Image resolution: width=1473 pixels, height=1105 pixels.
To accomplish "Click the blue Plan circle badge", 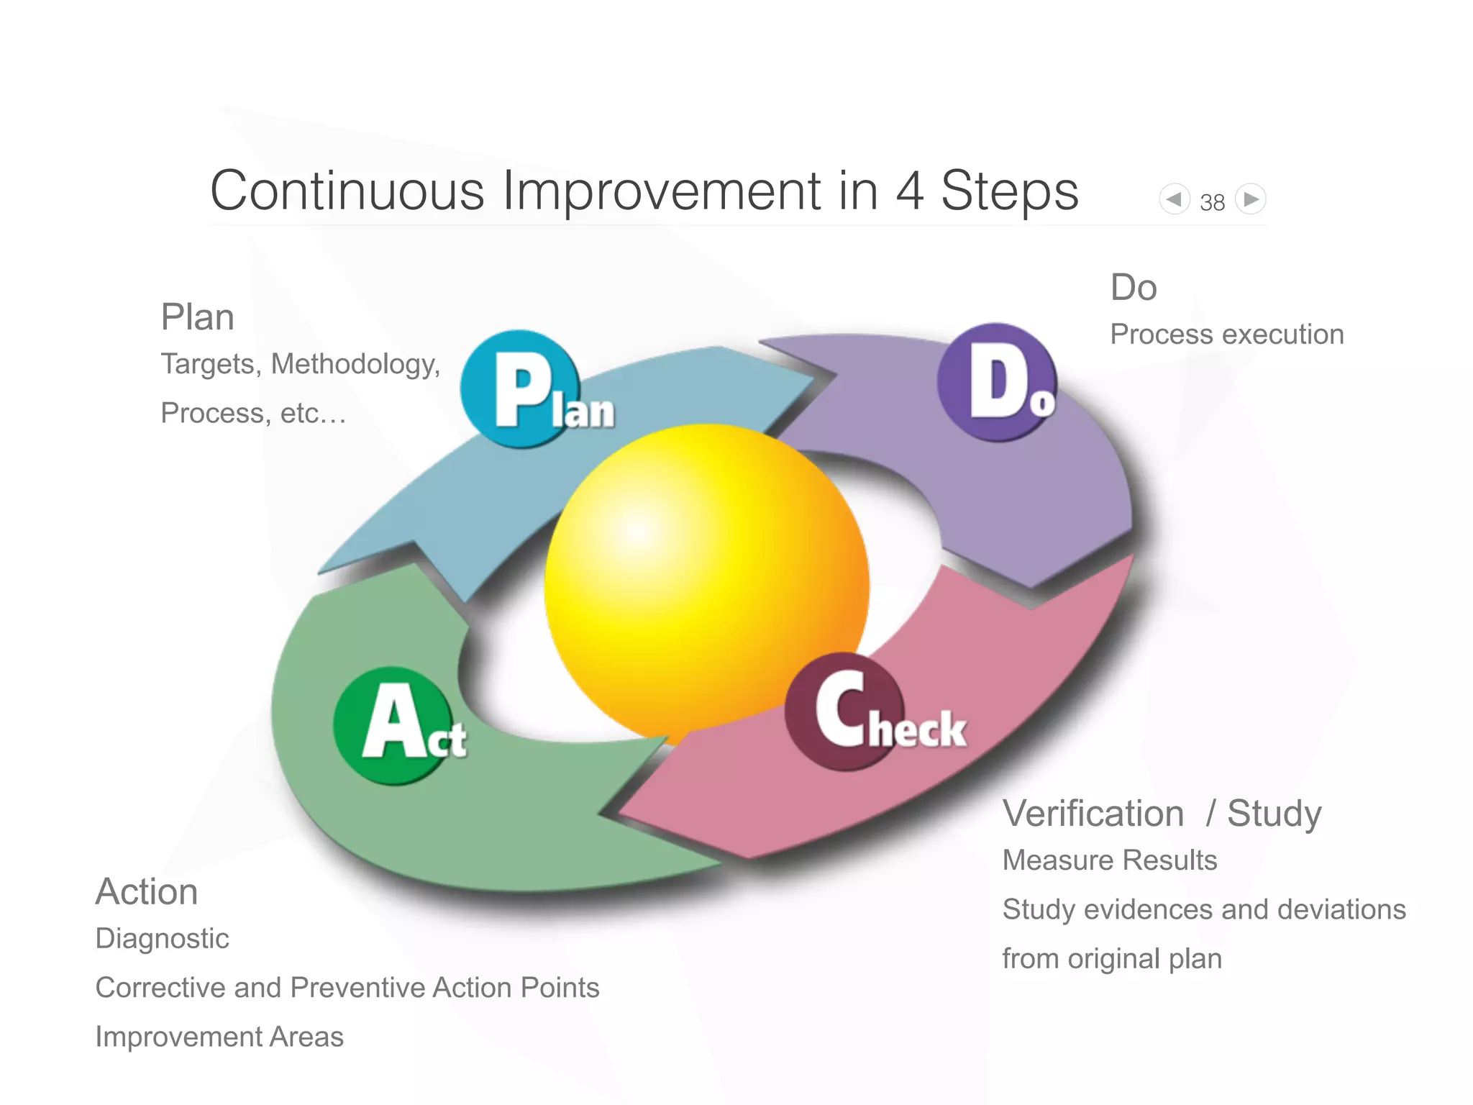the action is (x=520, y=389).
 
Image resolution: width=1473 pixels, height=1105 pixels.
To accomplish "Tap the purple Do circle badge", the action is (x=996, y=382).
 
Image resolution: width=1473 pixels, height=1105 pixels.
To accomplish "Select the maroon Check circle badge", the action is (x=844, y=711).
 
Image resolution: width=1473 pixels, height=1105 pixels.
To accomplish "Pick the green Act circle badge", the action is (x=393, y=725).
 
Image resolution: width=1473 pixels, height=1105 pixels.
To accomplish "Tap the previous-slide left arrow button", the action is (x=1174, y=199).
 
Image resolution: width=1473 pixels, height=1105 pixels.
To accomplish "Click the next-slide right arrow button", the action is (x=1251, y=199).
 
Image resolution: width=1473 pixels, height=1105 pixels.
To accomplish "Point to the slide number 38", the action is (x=1212, y=203).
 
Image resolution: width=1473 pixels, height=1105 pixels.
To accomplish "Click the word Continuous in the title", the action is (x=347, y=191).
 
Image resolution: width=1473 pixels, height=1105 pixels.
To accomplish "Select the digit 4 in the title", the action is (x=909, y=191).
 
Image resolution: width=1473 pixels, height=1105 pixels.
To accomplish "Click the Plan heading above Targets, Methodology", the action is (x=198, y=317).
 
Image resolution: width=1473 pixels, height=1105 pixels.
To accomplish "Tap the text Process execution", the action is (x=1226, y=335).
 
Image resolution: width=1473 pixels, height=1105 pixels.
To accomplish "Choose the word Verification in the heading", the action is (x=1093, y=814).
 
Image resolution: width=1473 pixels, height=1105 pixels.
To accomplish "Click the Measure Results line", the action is (x=1109, y=860).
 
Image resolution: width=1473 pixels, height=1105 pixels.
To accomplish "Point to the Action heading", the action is (x=147, y=892).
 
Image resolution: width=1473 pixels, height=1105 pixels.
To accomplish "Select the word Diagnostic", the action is (x=163, y=939).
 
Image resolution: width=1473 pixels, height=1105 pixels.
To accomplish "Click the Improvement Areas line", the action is (x=219, y=1037).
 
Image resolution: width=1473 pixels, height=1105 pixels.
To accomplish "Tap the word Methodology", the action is (x=355, y=365).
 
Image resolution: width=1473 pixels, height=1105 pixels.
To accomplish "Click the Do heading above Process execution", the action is (x=1134, y=288).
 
